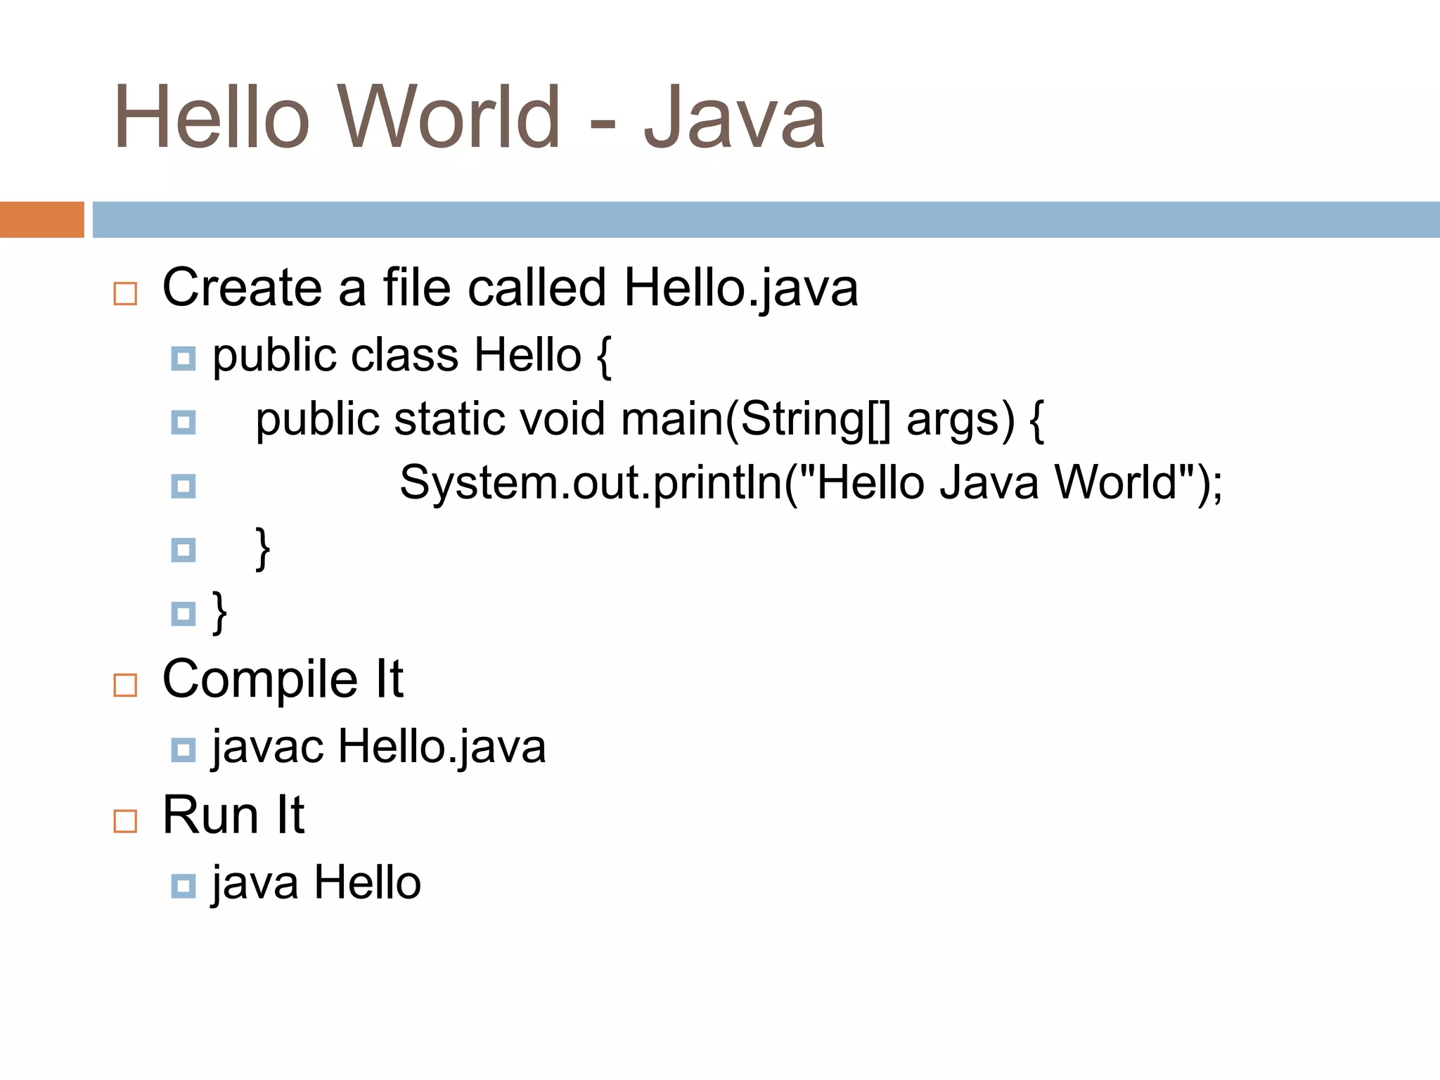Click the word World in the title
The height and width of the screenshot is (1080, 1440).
[450, 117]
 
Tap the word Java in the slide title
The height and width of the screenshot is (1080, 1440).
[734, 117]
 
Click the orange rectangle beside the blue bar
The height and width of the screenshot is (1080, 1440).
[41, 219]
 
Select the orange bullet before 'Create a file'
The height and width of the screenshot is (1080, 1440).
[125, 293]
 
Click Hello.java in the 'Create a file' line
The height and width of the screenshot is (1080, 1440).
[741, 288]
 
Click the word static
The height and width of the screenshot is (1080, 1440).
[449, 419]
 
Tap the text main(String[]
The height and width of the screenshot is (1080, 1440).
[756, 420]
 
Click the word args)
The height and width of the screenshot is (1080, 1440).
[960, 420]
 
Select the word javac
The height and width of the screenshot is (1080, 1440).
[268, 747]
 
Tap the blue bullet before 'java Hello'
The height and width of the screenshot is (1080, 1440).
[184, 886]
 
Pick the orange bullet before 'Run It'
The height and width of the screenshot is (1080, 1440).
[125, 821]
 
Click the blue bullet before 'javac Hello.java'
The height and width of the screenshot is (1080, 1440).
[184, 750]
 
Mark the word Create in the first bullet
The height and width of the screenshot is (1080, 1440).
[242, 288]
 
